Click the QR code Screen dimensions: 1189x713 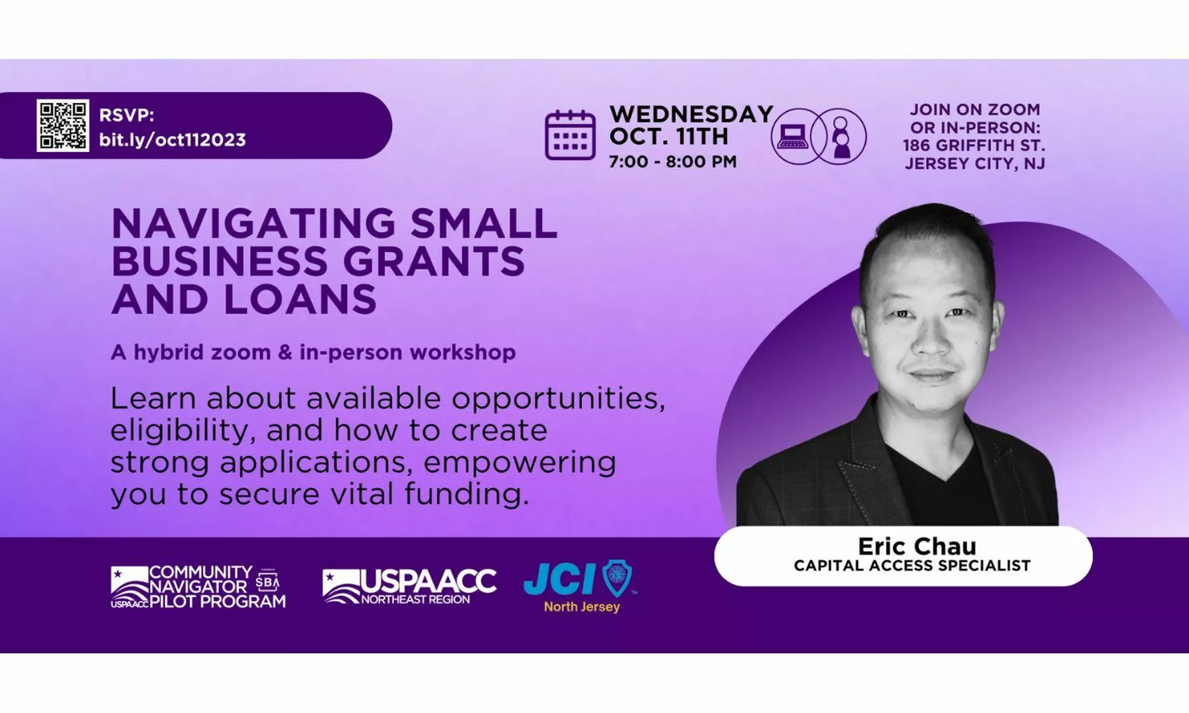pyautogui.click(x=63, y=125)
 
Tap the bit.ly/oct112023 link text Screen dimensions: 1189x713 pyautogui.click(x=173, y=140)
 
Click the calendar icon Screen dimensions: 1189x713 pyautogui.click(x=570, y=135)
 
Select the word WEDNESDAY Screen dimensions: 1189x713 pyautogui.click(x=691, y=114)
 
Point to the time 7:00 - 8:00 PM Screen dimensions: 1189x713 pyautogui.click(x=673, y=162)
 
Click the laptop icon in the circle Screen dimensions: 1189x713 pyautogui.click(x=793, y=137)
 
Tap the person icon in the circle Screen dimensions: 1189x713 pyautogui.click(x=841, y=137)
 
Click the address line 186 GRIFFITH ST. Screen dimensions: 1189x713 pyautogui.click(x=974, y=145)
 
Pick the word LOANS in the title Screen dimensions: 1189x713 pyautogui.click(x=300, y=299)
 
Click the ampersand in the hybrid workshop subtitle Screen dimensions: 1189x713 pyautogui.click(x=285, y=352)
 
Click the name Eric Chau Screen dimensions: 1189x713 pyautogui.click(x=917, y=546)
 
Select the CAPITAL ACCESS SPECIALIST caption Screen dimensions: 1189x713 pyautogui.click(x=912, y=566)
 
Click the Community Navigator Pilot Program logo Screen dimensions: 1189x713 pyautogui.click(x=198, y=587)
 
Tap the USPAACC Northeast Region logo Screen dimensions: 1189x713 pyautogui.click(x=409, y=586)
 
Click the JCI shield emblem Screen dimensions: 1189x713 pyautogui.click(x=617, y=577)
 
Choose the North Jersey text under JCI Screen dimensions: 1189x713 pyautogui.click(x=582, y=607)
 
